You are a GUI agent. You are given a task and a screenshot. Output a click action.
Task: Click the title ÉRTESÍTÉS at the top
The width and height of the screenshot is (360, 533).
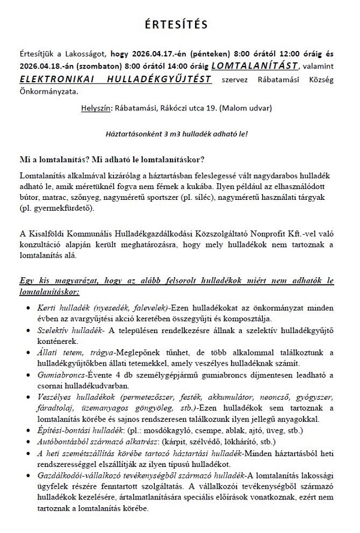click(180, 25)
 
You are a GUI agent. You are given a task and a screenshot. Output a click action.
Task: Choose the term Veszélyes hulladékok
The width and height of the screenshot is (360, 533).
click(78, 398)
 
